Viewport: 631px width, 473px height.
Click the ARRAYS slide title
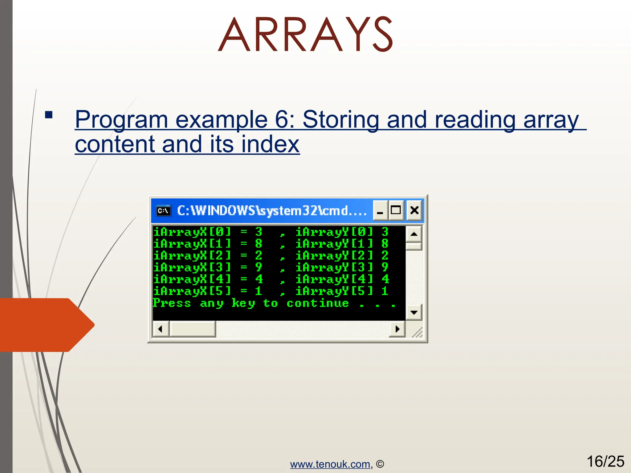click(x=305, y=34)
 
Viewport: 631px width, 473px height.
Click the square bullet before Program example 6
click(x=49, y=115)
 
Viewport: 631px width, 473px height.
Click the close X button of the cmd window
click(x=414, y=210)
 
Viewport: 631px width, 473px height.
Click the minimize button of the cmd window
click(x=380, y=211)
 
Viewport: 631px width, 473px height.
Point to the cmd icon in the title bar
click(x=163, y=211)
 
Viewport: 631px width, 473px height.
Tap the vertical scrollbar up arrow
click(x=414, y=234)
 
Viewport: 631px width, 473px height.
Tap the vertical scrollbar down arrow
click(x=414, y=313)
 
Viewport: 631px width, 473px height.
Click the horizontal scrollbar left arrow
click(x=160, y=329)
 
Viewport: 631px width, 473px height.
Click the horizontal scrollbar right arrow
click(x=397, y=329)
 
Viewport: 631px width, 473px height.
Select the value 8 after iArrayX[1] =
click(x=259, y=244)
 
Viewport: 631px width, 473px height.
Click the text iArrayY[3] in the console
click(x=334, y=267)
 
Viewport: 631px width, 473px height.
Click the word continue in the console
click(x=318, y=303)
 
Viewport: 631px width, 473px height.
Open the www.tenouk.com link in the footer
click(x=330, y=464)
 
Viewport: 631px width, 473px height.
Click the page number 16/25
click(x=605, y=461)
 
